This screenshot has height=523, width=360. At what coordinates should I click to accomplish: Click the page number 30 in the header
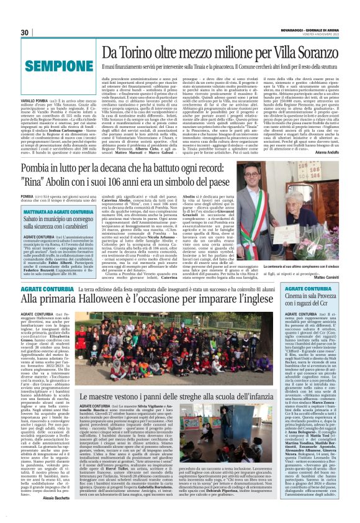(x=25, y=32)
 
